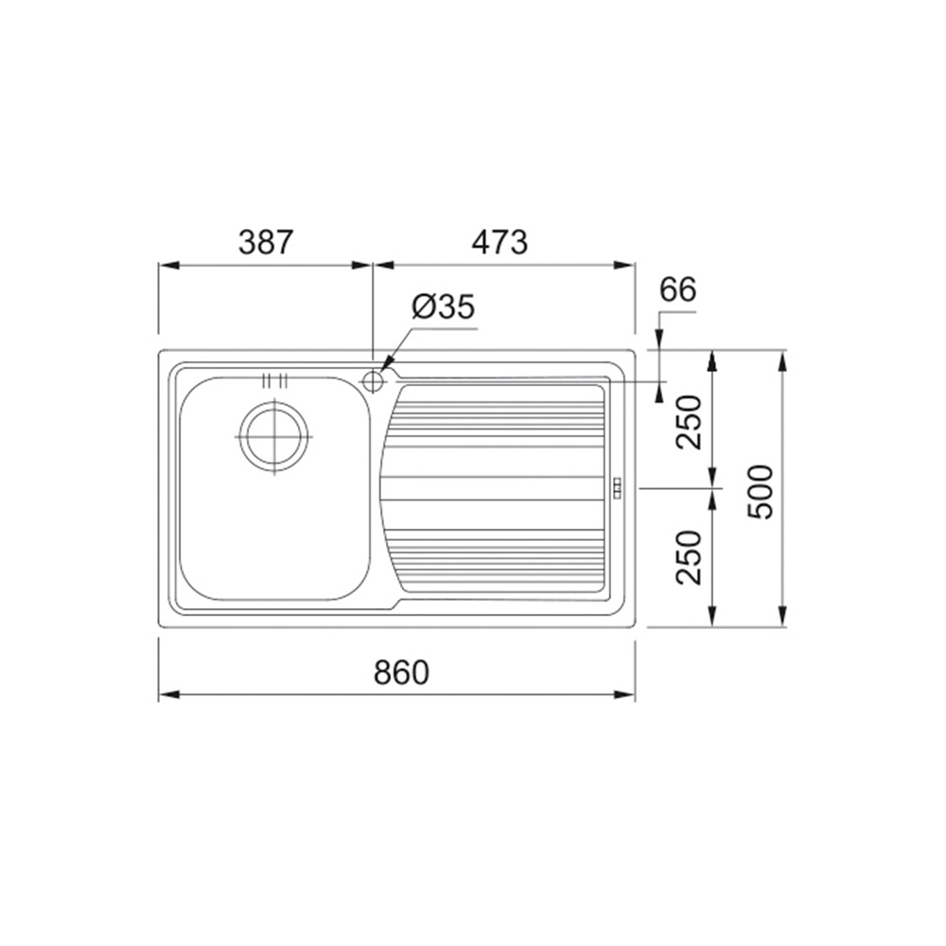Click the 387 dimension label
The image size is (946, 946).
pos(266,242)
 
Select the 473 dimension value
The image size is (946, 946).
pos(499,242)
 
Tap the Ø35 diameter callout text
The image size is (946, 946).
pos(444,307)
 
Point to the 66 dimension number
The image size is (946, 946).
pos(677,289)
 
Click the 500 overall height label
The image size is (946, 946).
pos(760,492)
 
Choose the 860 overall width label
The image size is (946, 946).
pos(401,672)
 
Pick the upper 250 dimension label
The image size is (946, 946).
pos(690,422)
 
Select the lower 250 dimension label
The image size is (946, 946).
pos(690,557)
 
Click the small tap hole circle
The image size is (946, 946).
pos(373,382)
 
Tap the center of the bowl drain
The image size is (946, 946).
pos(274,436)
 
